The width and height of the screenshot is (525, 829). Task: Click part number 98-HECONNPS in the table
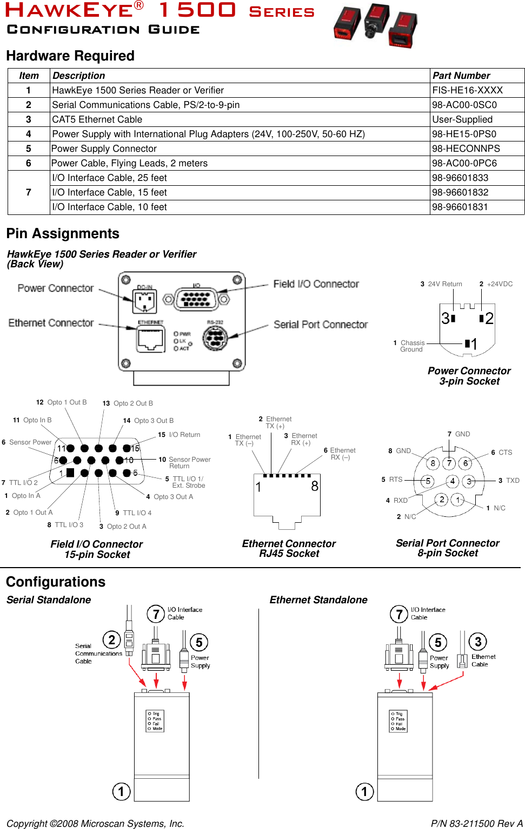tap(466, 149)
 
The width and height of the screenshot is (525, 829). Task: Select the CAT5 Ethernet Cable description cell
tap(97, 119)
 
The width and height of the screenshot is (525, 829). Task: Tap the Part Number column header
tap(461, 76)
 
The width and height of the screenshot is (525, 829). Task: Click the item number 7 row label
tap(29, 192)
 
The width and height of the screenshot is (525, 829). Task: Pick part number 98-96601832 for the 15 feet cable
tap(460, 192)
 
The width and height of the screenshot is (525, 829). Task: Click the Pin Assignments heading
tap(63, 233)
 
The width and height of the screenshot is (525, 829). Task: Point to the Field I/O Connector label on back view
tap(316, 284)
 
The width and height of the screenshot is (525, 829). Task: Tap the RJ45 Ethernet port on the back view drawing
tap(150, 339)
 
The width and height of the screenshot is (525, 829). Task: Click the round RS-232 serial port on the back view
tap(215, 339)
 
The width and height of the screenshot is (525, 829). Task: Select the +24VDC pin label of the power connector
tap(496, 284)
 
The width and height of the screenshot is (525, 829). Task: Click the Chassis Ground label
tap(411, 346)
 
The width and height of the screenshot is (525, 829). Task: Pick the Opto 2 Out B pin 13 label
tap(128, 403)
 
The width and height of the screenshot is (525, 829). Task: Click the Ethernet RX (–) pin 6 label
tap(340, 454)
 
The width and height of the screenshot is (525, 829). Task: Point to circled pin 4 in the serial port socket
tap(453, 481)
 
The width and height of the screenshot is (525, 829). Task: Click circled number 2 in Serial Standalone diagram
tap(111, 640)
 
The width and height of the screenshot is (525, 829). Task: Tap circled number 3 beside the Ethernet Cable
tap(478, 642)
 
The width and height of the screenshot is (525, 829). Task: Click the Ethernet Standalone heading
tap(318, 600)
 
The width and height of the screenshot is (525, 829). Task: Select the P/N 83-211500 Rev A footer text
tap(476, 824)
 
